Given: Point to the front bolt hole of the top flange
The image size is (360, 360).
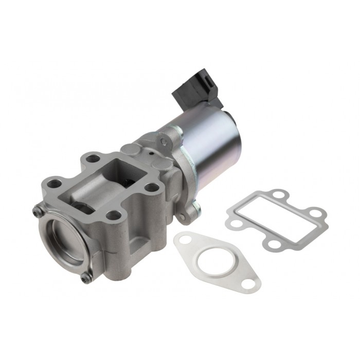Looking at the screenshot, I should coord(114,215).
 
